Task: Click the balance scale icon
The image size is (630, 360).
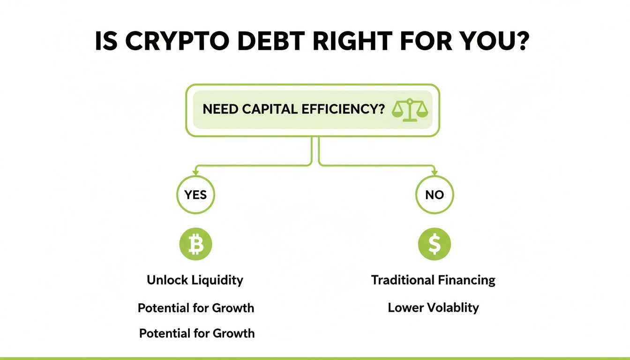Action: [410, 110]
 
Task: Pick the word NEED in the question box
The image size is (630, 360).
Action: [221, 110]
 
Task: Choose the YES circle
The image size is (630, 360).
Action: [195, 195]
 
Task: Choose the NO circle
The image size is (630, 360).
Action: [435, 195]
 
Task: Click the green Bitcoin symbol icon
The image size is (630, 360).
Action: [195, 244]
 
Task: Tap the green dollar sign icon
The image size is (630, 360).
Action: [435, 244]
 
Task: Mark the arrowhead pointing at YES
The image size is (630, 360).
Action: [195, 173]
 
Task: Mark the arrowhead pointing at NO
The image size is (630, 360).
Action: [435, 173]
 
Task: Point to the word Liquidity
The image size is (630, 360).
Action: [218, 280]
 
